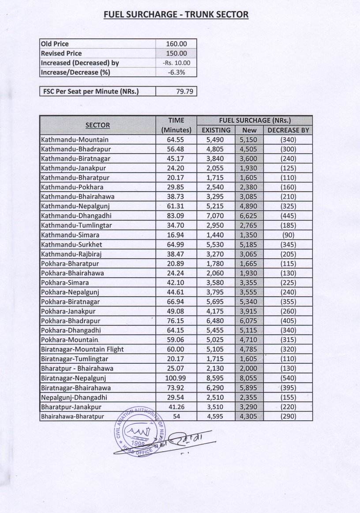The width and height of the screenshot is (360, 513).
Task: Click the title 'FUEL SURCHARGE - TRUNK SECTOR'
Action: tap(176, 15)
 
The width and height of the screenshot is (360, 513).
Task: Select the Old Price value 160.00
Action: tap(176, 44)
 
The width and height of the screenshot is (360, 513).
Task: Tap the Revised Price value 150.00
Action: tap(176, 53)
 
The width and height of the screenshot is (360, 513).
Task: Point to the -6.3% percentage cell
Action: tap(176, 72)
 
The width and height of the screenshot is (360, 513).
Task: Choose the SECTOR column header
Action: tap(97, 125)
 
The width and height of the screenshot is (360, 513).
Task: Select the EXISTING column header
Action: tap(216, 130)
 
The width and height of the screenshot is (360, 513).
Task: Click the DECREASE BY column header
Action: tap(288, 130)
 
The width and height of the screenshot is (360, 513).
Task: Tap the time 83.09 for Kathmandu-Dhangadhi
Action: tap(176, 216)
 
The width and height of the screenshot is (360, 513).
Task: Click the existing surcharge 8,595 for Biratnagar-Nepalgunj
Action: tap(216, 378)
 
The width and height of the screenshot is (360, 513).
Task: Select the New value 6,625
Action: tap(249, 216)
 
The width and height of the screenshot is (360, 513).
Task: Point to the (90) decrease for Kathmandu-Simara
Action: tap(288, 235)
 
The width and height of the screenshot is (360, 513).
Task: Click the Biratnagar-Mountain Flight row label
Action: tap(82, 349)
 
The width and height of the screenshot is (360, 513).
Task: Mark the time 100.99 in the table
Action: tap(176, 378)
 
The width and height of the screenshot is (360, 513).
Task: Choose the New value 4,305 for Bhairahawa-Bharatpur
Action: tap(249, 416)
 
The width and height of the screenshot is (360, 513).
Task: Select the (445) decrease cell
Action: tap(288, 216)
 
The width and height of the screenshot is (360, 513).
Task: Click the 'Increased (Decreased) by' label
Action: tap(80, 63)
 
